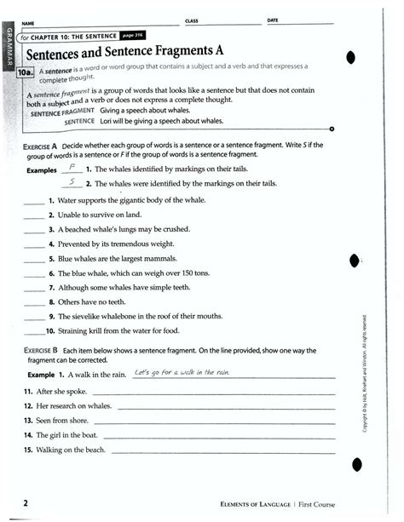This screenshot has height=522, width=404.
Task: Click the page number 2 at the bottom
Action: (x=27, y=503)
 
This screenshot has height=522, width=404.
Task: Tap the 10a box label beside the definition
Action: (x=26, y=74)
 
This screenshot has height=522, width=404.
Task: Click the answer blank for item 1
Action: (x=33, y=203)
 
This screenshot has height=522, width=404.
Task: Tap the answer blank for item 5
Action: (x=33, y=257)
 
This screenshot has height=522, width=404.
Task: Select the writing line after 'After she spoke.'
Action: (x=213, y=393)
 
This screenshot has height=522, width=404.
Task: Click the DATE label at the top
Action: (x=273, y=19)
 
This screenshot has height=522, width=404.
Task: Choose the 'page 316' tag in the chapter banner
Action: (x=134, y=37)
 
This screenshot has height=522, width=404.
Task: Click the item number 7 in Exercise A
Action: (x=51, y=288)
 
